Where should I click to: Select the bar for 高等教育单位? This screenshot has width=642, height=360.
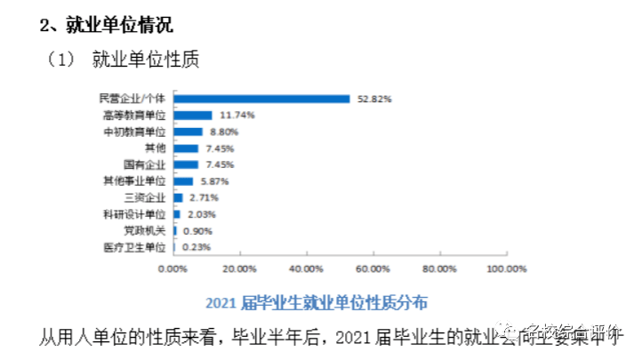click(x=193, y=116)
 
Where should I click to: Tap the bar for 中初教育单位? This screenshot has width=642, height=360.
click(x=189, y=132)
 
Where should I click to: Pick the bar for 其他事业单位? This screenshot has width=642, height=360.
click(x=183, y=181)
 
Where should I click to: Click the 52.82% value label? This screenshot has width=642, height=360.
click(x=374, y=99)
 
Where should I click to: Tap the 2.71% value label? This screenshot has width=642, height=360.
click(x=205, y=197)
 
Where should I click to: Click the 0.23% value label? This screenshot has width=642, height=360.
click(x=196, y=247)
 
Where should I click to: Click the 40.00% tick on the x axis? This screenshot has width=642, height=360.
click(x=306, y=268)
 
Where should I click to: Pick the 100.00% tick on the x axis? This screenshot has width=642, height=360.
click(x=508, y=268)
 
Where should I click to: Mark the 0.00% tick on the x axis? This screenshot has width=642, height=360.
click(x=173, y=268)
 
